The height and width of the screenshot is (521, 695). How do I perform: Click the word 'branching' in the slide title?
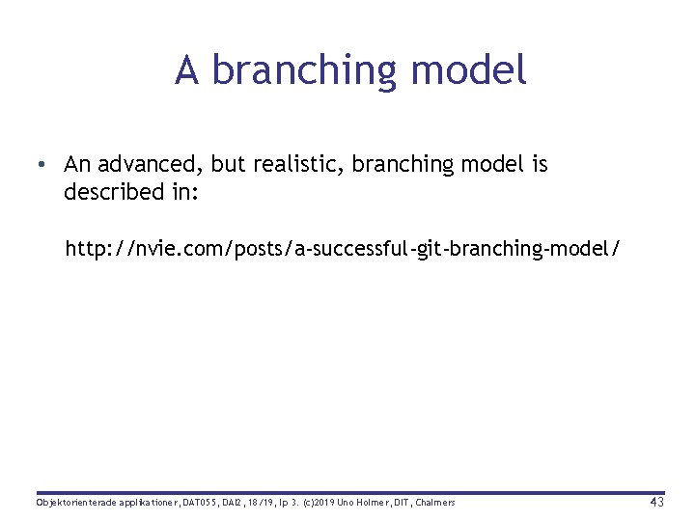(305, 71)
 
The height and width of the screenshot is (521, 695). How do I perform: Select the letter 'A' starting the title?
(187, 70)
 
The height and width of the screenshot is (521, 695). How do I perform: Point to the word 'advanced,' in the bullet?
(149, 165)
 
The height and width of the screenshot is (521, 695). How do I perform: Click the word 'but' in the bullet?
(228, 165)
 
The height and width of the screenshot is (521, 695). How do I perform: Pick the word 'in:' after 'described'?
(182, 192)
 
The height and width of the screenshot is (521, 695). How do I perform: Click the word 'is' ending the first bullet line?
(539, 165)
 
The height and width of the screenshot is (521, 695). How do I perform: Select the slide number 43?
(656, 503)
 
